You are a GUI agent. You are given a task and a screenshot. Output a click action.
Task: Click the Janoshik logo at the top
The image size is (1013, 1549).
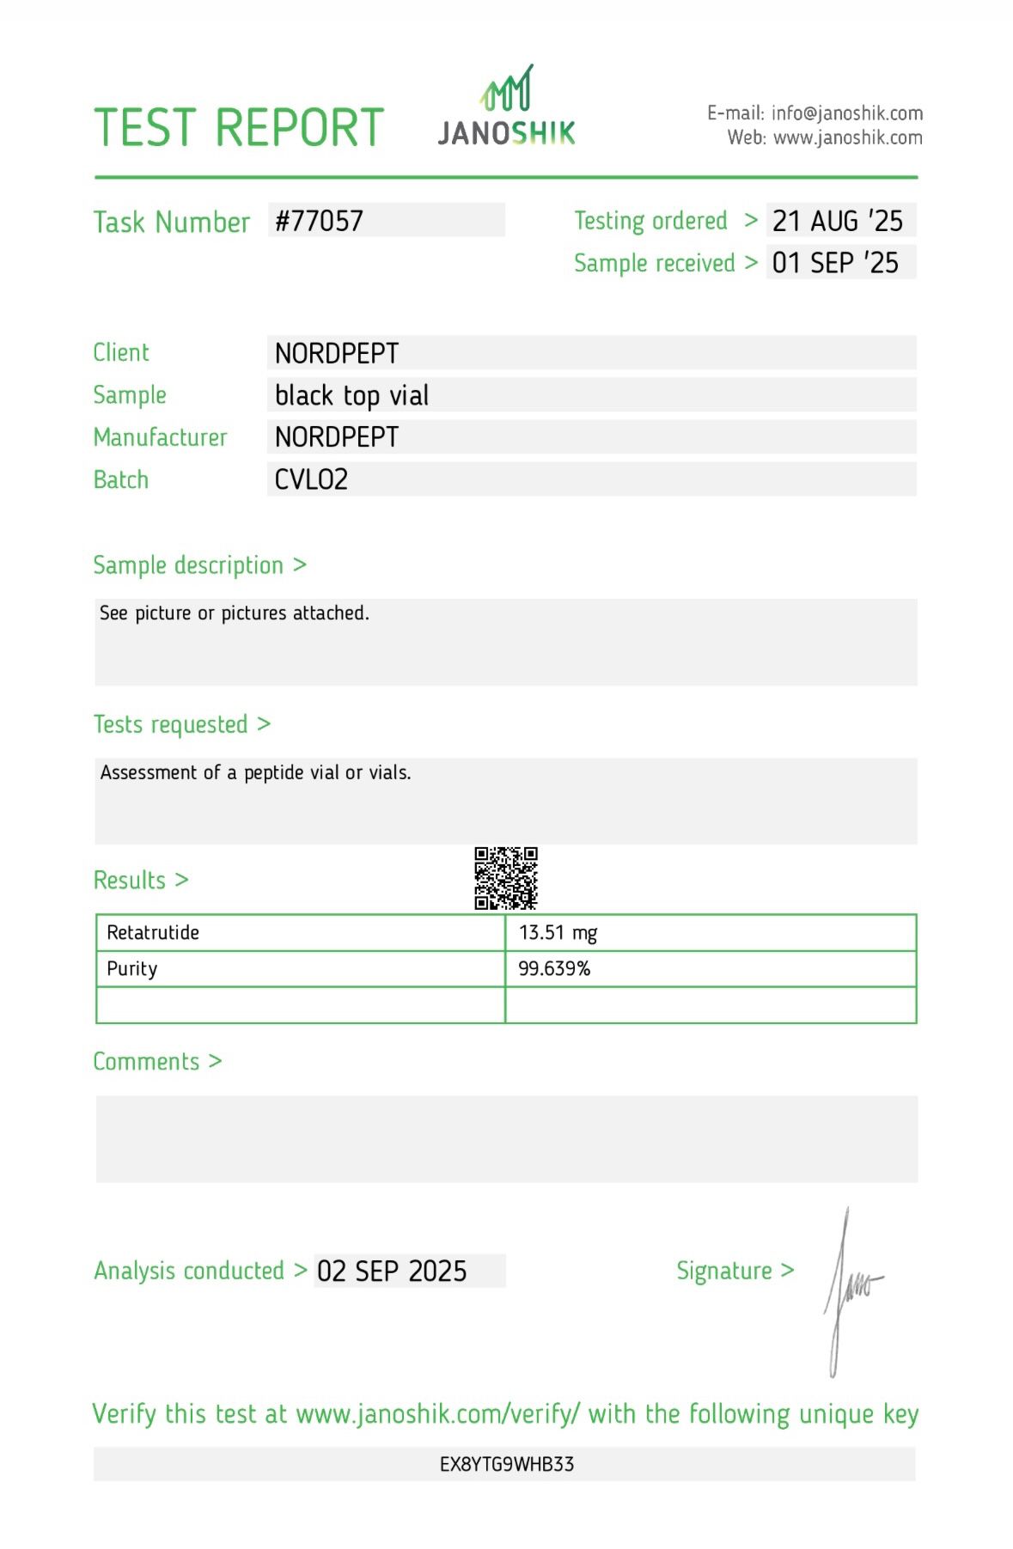click(x=506, y=107)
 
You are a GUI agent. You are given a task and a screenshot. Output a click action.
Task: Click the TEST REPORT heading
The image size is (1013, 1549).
click(x=238, y=128)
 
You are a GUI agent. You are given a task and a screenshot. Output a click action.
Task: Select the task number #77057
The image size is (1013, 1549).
click(x=319, y=221)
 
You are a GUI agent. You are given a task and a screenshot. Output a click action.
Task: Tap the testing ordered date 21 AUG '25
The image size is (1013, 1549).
click(x=837, y=221)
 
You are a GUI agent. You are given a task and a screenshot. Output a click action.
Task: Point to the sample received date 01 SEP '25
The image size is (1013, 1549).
click(x=835, y=263)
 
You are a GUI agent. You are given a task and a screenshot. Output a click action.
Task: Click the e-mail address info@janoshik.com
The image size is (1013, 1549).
click(x=846, y=113)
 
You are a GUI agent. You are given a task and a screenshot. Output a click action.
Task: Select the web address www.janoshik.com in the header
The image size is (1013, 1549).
click(x=847, y=137)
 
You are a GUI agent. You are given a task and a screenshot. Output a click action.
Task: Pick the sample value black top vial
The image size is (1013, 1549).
click(x=351, y=395)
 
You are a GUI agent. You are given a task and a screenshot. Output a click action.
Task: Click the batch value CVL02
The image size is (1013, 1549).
click(x=311, y=479)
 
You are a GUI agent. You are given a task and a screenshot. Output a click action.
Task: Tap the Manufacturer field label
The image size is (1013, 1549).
click(x=160, y=437)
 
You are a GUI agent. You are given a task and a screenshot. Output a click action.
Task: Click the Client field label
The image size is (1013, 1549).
click(x=121, y=352)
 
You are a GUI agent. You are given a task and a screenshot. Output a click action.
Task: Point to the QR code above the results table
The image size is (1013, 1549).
click(x=506, y=878)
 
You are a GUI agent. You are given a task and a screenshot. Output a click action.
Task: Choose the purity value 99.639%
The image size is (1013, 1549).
click(x=554, y=969)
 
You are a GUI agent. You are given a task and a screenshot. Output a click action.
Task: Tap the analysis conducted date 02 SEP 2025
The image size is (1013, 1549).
click(x=392, y=1272)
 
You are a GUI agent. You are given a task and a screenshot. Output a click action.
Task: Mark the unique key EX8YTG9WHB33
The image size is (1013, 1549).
click(x=506, y=1464)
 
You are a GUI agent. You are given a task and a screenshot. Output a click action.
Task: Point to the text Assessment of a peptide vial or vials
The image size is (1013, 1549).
click(x=255, y=772)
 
